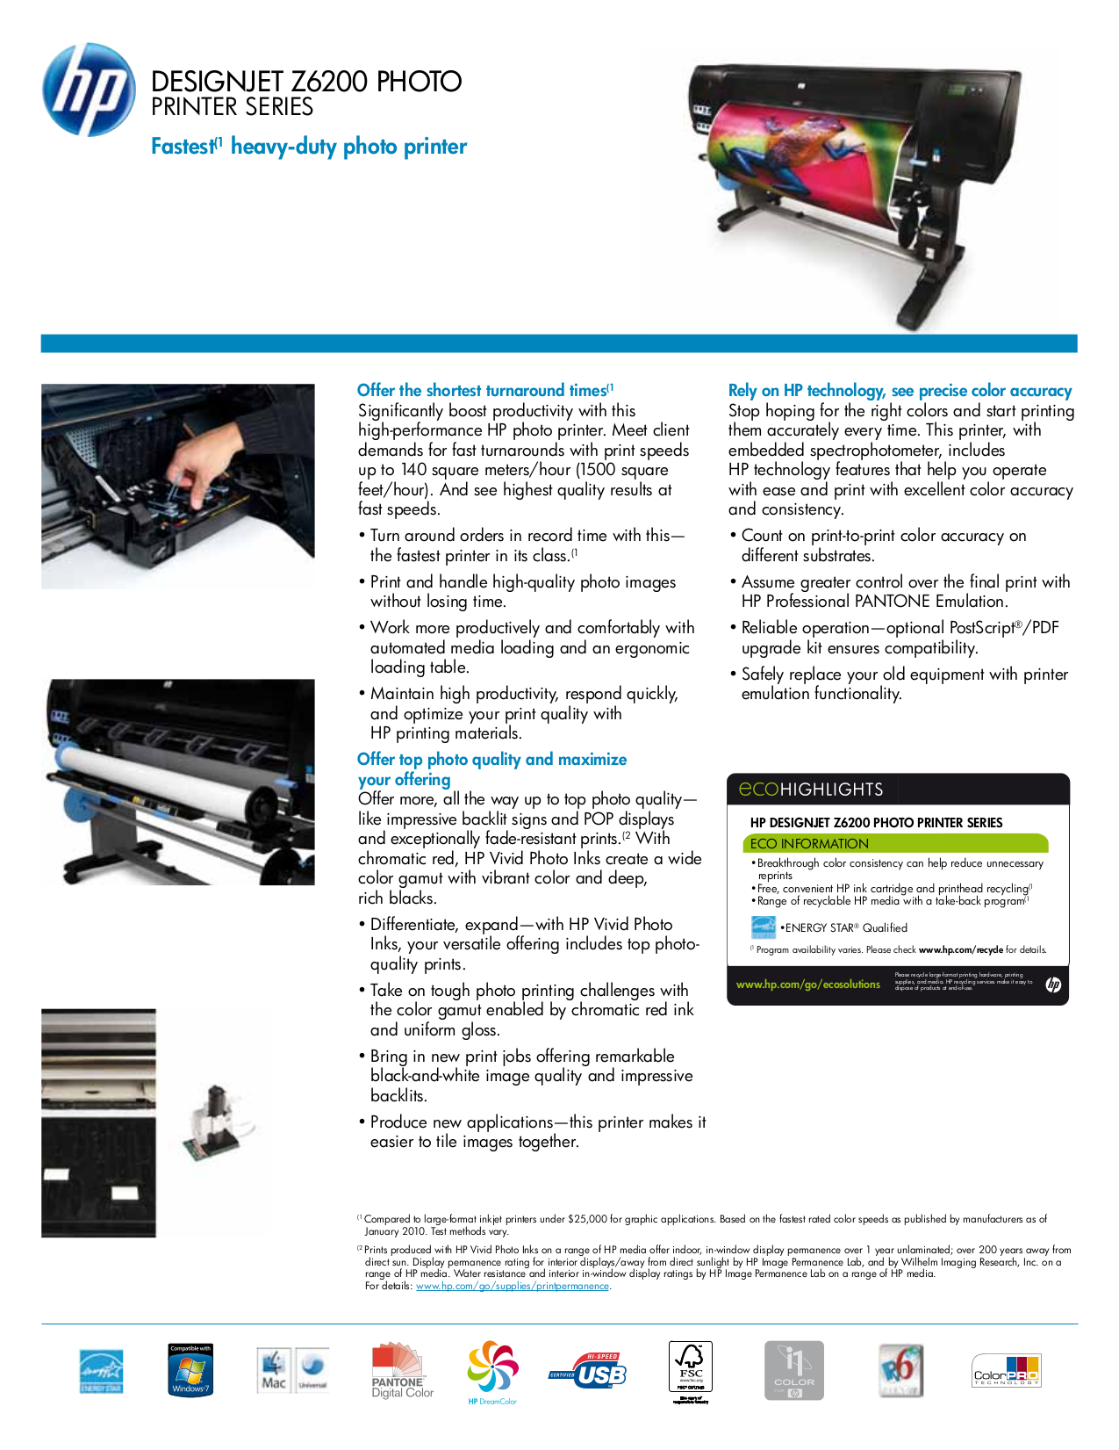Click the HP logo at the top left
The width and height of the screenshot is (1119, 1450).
[x=89, y=90]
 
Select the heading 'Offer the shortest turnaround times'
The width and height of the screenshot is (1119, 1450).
[x=482, y=391]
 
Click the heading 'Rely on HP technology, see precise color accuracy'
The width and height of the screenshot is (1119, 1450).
[x=900, y=391]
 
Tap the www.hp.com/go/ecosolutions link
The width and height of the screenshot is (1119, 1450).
[x=807, y=985]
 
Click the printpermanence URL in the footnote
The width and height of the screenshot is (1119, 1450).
[x=512, y=1286]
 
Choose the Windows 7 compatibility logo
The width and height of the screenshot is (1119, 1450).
[x=190, y=1370]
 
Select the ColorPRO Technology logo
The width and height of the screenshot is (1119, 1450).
[x=1006, y=1371]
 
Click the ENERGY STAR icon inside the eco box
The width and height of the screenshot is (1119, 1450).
[x=763, y=927]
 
